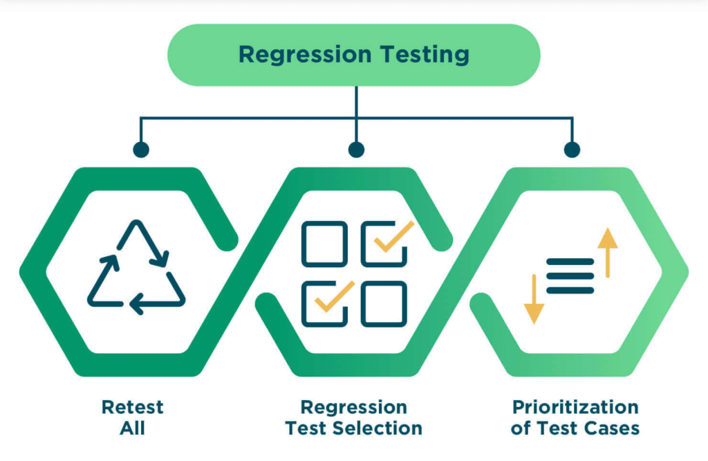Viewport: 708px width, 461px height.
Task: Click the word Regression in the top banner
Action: point(305,55)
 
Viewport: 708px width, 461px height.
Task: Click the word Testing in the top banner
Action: point(425,55)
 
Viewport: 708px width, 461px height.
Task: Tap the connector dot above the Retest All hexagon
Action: point(141,150)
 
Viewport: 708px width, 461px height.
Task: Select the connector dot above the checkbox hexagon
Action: point(356,150)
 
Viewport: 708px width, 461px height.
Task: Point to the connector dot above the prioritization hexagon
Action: point(572,150)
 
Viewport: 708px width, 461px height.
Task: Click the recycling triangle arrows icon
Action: point(136,267)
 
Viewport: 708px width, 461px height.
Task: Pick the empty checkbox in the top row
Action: point(325,244)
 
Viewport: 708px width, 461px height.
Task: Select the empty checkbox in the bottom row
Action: point(384,304)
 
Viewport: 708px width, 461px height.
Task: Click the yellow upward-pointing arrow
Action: point(608,252)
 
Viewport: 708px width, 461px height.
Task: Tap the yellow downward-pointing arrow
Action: point(534,299)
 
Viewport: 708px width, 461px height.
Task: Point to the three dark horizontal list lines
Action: point(570,275)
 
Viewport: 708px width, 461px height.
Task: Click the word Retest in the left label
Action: point(132,407)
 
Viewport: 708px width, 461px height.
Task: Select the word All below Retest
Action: point(132,428)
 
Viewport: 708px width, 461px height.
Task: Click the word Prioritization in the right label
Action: point(575,407)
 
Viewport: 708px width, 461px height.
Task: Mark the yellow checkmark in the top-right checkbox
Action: point(393,236)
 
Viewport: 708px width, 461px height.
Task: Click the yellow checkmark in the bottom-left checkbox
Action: point(335,296)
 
